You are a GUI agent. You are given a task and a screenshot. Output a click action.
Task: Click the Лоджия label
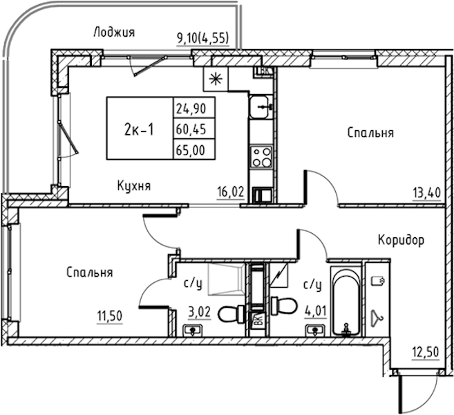[x=115, y=33]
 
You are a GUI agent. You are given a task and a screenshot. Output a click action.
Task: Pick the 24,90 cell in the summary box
[x=195, y=109]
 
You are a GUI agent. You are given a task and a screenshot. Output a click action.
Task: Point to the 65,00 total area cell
[x=195, y=149]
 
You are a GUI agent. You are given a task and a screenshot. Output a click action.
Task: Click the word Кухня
[x=134, y=186]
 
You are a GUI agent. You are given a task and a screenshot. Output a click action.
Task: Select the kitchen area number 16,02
[x=231, y=192]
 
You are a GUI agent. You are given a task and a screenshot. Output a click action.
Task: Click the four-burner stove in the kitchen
[x=261, y=158]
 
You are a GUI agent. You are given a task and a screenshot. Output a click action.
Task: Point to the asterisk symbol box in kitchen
[x=216, y=79]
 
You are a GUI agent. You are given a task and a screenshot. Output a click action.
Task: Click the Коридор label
[x=401, y=240]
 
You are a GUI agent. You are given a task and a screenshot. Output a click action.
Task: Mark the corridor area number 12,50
[x=426, y=353]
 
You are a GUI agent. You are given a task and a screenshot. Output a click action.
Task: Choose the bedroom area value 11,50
[x=110, y=316]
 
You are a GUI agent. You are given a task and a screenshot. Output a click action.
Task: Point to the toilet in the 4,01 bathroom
[x=284, y=306]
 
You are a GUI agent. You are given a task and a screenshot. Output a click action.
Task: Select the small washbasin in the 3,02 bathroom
[x=193, y=331]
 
